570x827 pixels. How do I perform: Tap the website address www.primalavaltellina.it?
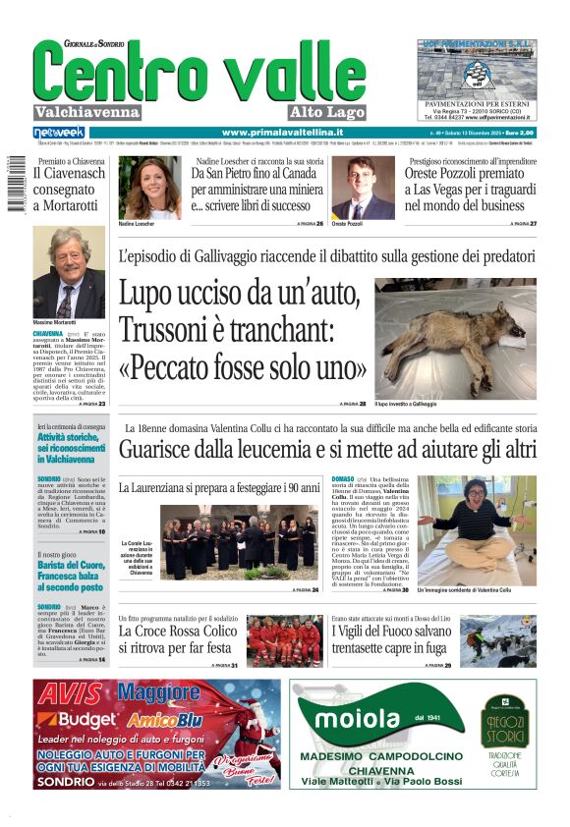[x=282, y=133]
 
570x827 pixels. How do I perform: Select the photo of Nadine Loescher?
[x=149, y=187]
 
